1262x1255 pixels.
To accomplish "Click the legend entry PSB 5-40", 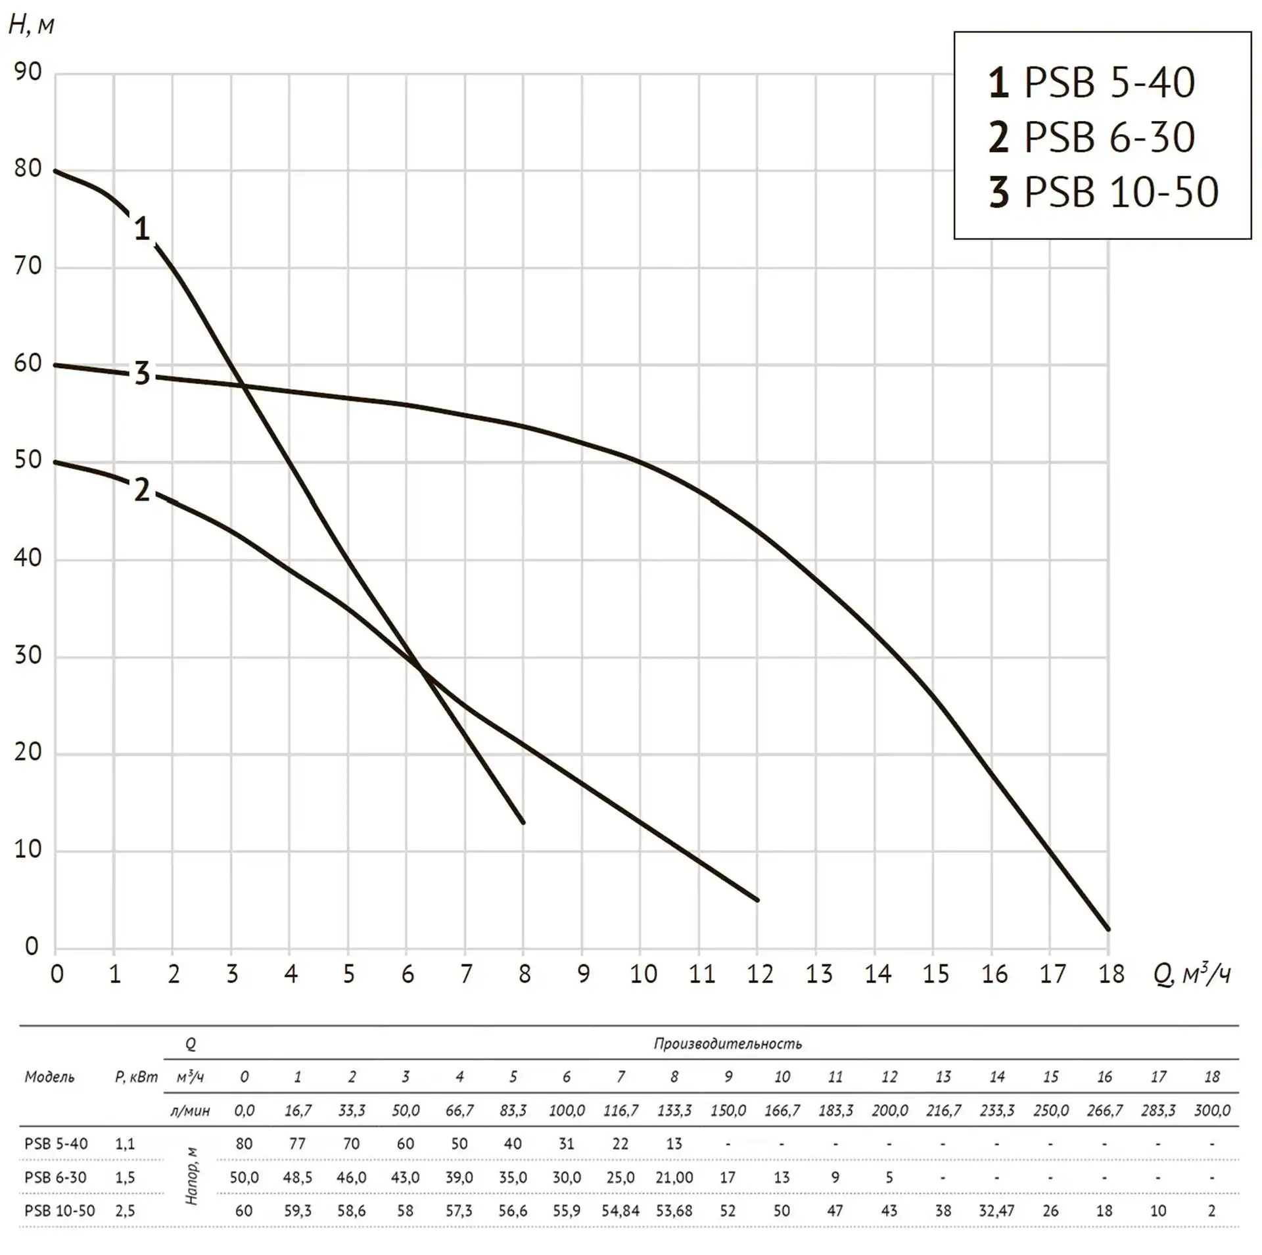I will click(1091, 83).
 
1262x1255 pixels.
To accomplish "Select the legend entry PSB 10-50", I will click(1103, 192).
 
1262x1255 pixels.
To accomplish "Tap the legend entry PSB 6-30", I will click(1091, 137).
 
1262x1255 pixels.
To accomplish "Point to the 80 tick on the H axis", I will click(28, 169).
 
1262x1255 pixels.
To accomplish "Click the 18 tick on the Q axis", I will click(1111, 974).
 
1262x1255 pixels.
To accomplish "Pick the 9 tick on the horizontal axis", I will click(583, 974).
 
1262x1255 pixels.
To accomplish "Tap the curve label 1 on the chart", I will click(142, 229).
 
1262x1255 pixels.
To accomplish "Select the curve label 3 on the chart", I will click(142, 373).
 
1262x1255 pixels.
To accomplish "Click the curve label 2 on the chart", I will click(142, 490).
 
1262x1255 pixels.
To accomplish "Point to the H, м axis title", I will click(31, 25).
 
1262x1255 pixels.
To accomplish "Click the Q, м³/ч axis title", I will click(1191, 974).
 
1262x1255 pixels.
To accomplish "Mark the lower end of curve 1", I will click(523, 822).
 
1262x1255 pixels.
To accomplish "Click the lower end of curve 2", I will click(757, 900).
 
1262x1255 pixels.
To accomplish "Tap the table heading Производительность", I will click(728, 1044).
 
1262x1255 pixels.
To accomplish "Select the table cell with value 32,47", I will click(996, 1210).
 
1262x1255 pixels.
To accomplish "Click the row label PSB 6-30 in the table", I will click(55, 1177).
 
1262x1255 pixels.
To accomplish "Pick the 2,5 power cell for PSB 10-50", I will click(125, 1210).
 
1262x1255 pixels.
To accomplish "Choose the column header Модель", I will click(49, 1077).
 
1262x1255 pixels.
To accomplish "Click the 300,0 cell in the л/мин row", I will click(1212, 1110).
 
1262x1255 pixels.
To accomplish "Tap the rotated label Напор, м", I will click(191, 1176).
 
